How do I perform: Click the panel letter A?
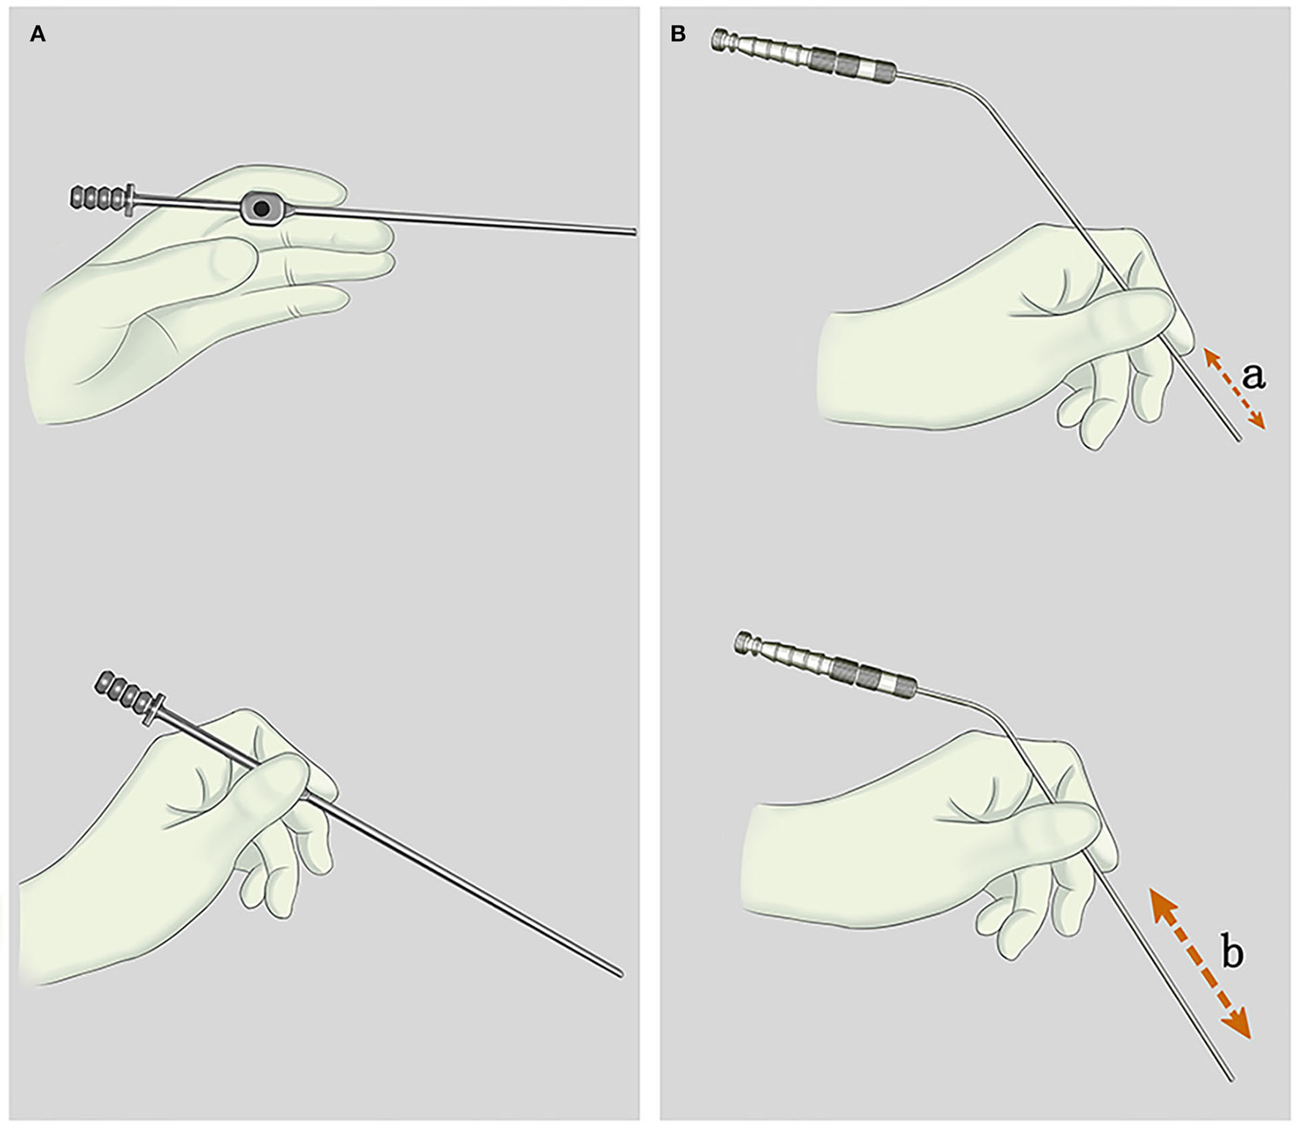(37, 34)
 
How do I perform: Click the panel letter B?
(678, 34)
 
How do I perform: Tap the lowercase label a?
(1253, 376)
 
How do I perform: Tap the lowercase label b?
(1233, 954)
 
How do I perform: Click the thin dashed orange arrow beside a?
(1234, 389)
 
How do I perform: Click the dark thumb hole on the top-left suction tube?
(260, 209)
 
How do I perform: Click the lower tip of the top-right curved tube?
(1239, 439)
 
